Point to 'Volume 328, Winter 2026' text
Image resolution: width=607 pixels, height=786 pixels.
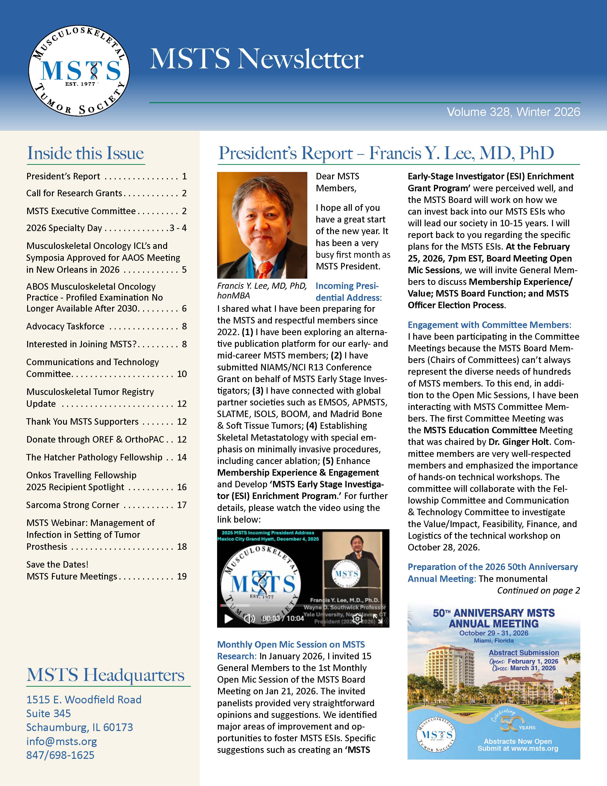(513, 112)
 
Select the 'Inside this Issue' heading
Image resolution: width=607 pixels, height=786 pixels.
(86, 153)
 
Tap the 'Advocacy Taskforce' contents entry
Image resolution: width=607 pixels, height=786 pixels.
(65, 326)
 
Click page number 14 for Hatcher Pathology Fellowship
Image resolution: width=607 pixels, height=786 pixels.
(182, 457)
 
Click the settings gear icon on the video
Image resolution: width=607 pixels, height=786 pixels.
(357, 618)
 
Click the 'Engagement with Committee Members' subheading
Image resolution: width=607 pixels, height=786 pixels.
(489, 325)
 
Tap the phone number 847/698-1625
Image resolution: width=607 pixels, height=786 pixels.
(60, 755)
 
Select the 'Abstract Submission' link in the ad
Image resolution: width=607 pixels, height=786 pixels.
(524, 652)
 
